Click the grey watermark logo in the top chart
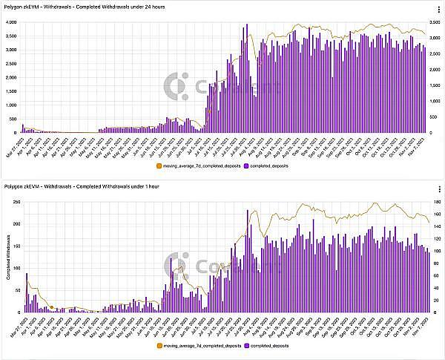(176, 87)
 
